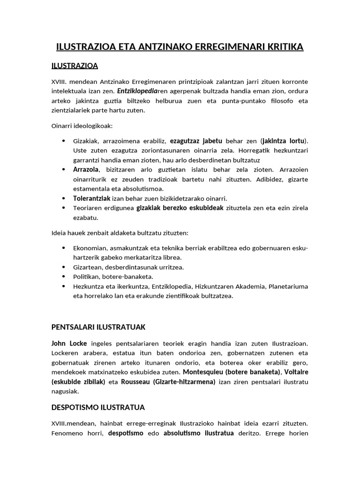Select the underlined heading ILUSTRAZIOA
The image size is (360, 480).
click(75, 65)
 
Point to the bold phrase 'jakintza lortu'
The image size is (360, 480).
click(284, 141)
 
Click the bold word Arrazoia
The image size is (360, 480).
click(86, 169)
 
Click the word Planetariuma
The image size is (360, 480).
click(288, 286)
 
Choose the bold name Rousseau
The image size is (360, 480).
click(136, 382)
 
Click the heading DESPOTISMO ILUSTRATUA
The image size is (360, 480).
click(98, 407)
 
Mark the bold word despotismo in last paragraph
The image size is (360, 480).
click(126, 433)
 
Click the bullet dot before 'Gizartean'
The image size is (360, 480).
click(63, 267)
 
